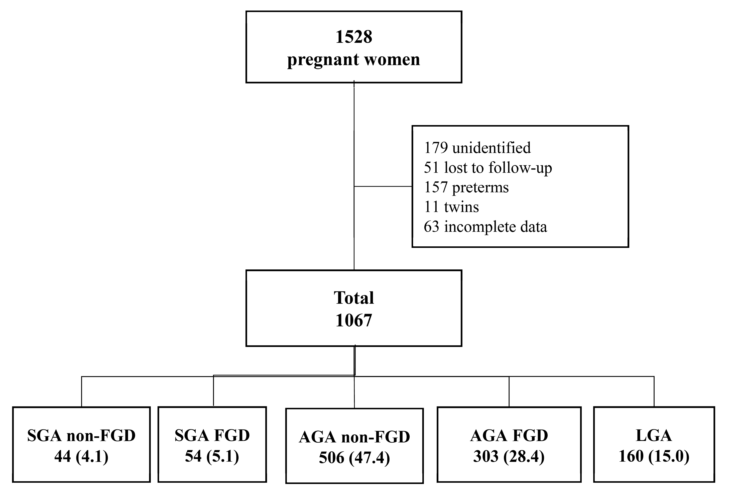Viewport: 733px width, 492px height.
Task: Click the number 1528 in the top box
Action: pos(353,37)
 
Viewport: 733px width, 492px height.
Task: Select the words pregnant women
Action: pos(353,60)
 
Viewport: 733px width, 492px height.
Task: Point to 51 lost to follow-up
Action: pos(488,168)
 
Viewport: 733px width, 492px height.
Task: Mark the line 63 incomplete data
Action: pos(485,227)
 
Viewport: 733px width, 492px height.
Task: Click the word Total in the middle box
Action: pos(353,298)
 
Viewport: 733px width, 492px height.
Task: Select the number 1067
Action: pos(353,320)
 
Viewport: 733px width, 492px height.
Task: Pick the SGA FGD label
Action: pos(212,436)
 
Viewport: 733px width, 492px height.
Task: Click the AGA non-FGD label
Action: pos(354,437)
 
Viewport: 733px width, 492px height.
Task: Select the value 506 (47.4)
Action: pos(354,458)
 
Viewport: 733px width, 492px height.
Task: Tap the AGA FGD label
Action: pos(509,436)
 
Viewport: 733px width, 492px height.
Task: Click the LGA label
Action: pos(654,436)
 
